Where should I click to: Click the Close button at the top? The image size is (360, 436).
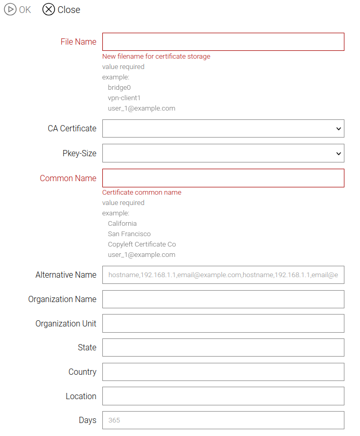coord(61,10)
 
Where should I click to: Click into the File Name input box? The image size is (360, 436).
coord(223,42)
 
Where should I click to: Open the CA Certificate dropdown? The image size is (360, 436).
coord(223,129)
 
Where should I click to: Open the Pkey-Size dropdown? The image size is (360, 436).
coord(223,153)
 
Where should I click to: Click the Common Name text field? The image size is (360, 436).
coord(223,178)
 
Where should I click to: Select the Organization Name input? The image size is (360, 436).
coord(223,299)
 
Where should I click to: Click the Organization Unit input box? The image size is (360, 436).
coord(223,323)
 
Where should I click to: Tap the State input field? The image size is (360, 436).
coord(223,348)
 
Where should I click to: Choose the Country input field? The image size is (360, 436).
coord(223,372)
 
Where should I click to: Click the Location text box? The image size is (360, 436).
coord(223,396)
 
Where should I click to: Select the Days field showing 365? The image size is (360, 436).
coord(223,420)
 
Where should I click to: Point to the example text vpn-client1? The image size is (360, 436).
coord(124,98)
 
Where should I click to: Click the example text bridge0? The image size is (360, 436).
coord(119,87)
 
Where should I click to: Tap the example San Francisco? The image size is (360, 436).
coord(129,234)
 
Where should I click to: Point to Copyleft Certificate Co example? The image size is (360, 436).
coord(142,244)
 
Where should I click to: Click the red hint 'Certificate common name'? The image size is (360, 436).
coord(142,192)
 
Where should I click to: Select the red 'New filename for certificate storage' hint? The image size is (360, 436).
coord(156,56)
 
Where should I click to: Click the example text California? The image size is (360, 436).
coord(123,223)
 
